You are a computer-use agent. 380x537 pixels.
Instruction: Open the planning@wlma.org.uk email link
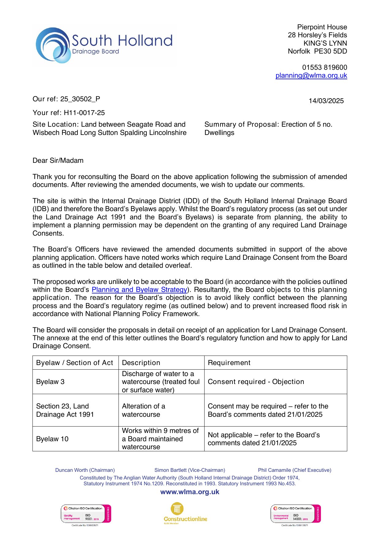point(311,76)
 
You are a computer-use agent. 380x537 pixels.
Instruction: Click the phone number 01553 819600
point(324,67)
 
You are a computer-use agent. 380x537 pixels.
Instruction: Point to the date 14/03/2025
point(326,101)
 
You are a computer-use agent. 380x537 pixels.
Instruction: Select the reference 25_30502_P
point(80,99)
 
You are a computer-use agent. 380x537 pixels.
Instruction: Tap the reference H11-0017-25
point(84,113)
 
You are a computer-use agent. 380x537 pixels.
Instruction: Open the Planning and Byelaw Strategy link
point(139,290)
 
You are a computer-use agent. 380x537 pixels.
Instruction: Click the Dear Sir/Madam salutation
point(58,161)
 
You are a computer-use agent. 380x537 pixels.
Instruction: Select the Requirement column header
point(229,363)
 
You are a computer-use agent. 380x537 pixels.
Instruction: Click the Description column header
point(141,363)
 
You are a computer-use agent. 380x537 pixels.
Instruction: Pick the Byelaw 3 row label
point(50,382)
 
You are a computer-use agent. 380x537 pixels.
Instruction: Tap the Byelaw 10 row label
point(52,439)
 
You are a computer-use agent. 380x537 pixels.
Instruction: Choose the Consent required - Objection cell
point(256,382)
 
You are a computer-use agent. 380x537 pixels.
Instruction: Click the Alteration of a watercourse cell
point(143,410)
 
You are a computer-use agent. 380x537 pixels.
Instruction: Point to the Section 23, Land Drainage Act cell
point(65,410)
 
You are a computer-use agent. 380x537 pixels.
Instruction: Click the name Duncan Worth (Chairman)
point(85,470)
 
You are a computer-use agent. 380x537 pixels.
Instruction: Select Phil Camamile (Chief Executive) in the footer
point(294,470)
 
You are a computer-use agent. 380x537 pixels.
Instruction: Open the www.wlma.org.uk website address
point(190,492)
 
